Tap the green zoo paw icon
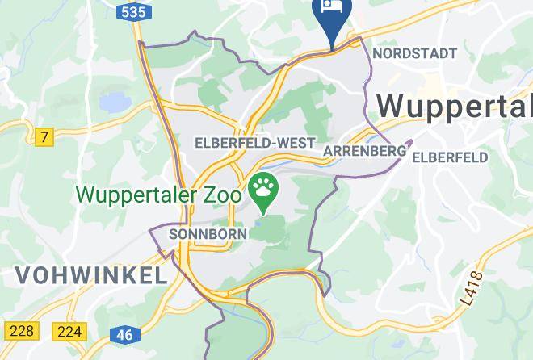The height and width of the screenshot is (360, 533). (x=264, y=190)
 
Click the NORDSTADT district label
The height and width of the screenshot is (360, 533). (x=415, y=53)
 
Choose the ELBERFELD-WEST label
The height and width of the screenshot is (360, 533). (x=255, y=143)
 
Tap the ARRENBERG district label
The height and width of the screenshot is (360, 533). (x=364, y=151)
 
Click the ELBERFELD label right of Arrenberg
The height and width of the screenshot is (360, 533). (x=450, y=158)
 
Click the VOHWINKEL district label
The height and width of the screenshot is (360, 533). (x=90, y=274)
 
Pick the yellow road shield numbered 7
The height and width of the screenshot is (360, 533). (x=44, y=137)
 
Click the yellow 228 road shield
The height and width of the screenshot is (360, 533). (x=21, y=330)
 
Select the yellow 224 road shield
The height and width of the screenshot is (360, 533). (x=69, y=330)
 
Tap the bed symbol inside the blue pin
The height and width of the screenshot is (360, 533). (x=332, y=6)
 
